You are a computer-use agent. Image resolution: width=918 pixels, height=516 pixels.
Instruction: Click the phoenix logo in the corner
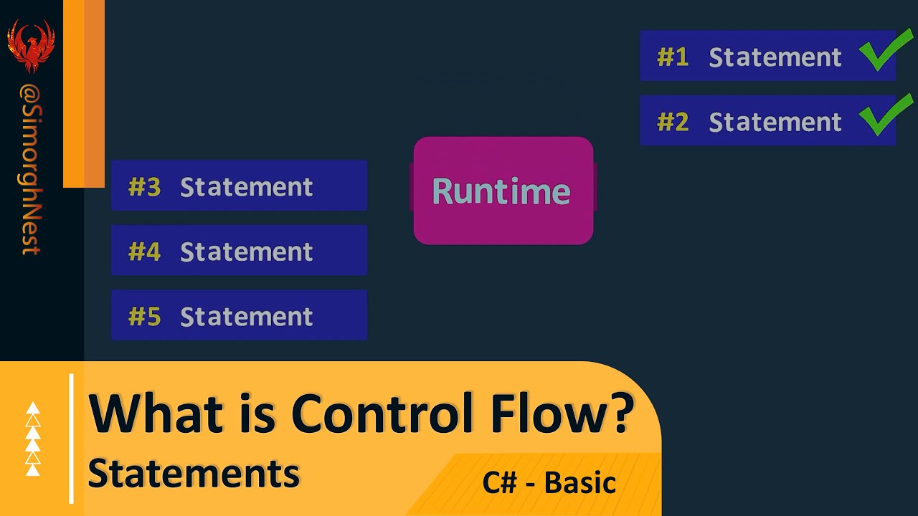pos(31,44)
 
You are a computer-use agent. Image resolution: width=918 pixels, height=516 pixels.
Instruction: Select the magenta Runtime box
pos(503,191)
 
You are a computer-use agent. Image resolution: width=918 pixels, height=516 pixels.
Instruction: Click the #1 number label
pos(673,57)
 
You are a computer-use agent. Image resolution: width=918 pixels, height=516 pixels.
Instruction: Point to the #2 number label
pos(673,122)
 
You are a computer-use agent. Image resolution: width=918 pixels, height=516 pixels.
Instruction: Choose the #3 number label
pos(144,187)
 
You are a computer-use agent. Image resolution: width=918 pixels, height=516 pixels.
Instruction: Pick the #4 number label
pos(144,252)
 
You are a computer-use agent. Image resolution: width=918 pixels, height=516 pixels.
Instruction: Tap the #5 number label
pos(144,317)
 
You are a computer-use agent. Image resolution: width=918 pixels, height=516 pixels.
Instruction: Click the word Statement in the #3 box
pos(246,187)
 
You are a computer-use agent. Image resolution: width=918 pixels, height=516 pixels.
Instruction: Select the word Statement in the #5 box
pos(246,317)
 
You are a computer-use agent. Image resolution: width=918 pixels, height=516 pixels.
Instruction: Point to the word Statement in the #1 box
pos(775,57)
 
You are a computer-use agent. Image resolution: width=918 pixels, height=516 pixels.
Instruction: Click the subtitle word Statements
pos(194,473)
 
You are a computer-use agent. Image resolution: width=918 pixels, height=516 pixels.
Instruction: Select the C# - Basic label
pos(549,482)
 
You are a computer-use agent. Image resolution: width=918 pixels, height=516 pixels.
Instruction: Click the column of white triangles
pos(33,439)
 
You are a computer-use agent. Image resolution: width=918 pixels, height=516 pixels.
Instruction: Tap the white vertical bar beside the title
pos(72,439)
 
